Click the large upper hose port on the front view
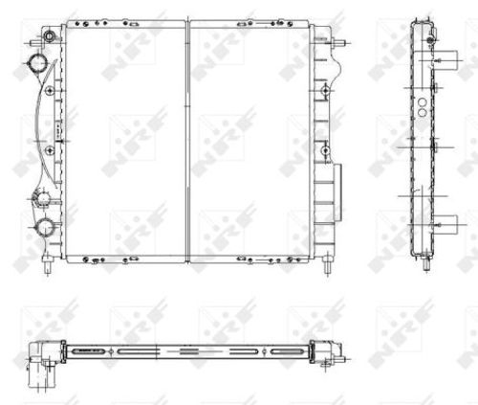(x=39, y=64)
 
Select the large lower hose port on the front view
(x=44, y=227)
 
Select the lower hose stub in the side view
(x=445, y=226)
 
